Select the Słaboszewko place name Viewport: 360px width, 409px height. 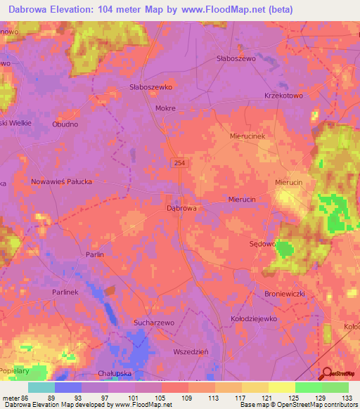tap(151, 87)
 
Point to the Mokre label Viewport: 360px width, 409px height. tap(165, 109)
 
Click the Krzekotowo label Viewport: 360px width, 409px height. tap(287, 95)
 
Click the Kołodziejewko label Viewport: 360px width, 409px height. tap(256, 318)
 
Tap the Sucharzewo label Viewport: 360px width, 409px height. tap(153, 322)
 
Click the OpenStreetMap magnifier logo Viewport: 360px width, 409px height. tap(326, 373)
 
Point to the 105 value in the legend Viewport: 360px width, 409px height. tap(162, 397)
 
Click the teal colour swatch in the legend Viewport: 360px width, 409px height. tap(41, 387)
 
